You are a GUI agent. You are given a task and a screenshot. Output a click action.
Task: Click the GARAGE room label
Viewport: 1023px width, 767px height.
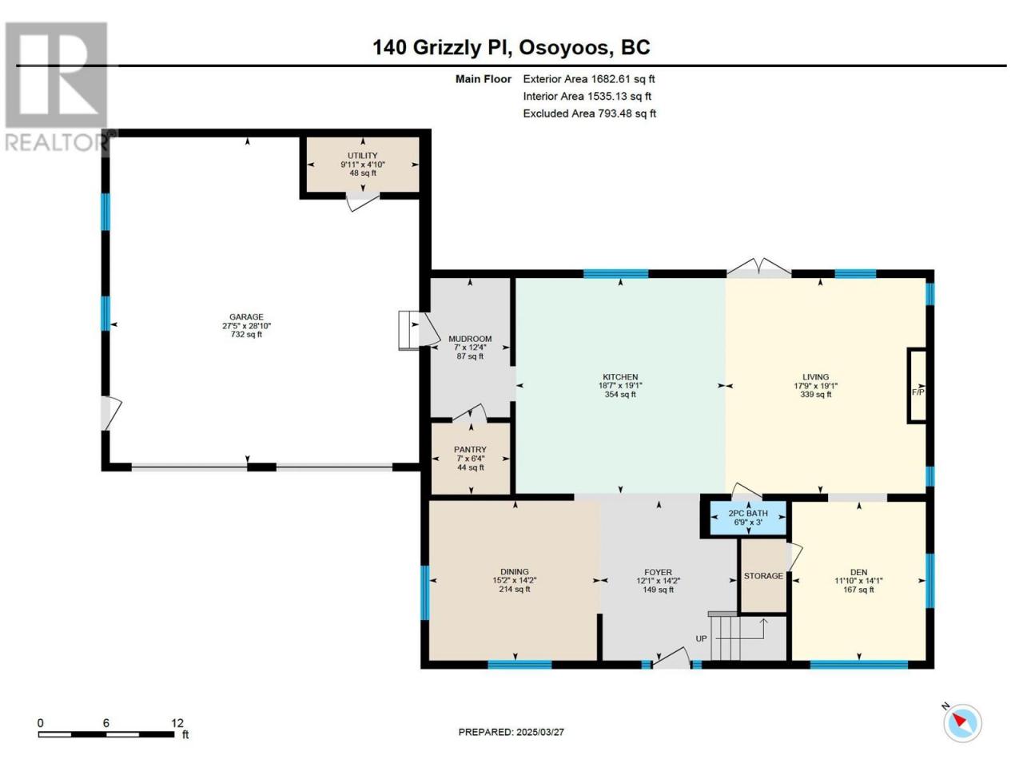coord(246,316)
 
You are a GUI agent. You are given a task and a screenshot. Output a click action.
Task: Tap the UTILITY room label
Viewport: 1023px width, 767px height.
coord(363,156)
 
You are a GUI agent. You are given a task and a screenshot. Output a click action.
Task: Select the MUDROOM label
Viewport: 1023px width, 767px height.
coord(470,339)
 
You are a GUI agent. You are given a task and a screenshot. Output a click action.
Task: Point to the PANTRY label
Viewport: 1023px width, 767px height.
coord(470,449)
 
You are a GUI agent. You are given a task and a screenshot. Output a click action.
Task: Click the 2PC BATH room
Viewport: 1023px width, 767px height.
coord(748,518)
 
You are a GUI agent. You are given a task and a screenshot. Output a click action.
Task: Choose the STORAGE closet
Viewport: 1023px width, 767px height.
coord(763,575)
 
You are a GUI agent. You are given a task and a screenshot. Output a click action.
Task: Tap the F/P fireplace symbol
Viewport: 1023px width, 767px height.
coord(918,392)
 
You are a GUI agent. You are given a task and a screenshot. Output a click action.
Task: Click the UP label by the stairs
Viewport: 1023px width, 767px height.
coord(701,638)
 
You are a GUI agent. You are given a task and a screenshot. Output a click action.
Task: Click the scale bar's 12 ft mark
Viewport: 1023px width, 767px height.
coord(177,723)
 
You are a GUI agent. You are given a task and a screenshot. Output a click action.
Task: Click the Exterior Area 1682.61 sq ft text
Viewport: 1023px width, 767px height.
coord(589,79)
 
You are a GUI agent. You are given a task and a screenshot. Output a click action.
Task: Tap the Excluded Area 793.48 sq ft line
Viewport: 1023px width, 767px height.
coord(590,113)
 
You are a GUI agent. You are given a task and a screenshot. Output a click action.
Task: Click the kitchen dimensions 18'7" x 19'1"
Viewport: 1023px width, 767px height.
coord(620,386)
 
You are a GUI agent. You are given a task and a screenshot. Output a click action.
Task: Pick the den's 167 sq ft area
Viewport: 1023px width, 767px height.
coord(858,590)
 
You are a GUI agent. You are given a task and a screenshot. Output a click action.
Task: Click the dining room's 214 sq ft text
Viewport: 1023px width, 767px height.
coord(515,589)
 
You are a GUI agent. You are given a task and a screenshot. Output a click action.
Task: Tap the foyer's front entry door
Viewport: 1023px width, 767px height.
coord(671,662)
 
